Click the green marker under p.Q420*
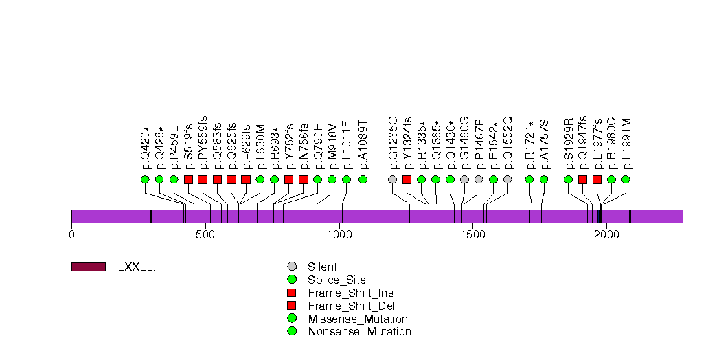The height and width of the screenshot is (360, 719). coord(145,179)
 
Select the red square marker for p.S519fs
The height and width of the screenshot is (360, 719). coord(188,179)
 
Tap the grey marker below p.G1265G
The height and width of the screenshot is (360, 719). coord(392,179)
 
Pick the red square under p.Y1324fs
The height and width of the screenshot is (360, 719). coord(407,179)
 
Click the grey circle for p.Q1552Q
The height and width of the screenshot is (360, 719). coord(507,179)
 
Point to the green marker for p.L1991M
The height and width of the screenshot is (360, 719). coord(626,179)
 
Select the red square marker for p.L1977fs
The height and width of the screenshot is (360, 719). coord(597,179)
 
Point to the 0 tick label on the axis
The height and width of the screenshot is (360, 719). coord(71,235)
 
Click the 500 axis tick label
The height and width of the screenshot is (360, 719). coord(205,235)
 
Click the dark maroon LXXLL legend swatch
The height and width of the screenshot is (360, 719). coord(88,267)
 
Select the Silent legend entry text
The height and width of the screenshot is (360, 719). coord(322,267)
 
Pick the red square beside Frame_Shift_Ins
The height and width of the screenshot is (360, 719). coord(293,293)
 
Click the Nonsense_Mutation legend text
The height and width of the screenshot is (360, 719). coord(359,332)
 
